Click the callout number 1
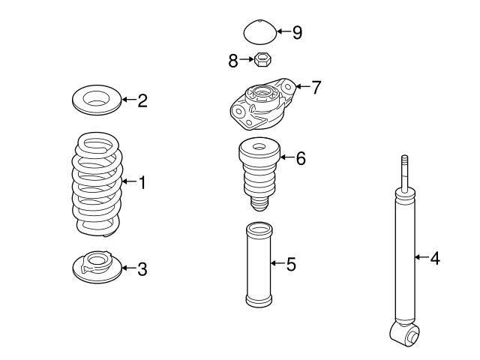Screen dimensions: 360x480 [x=141, y=181]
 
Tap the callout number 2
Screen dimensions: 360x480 [x=142, y=100]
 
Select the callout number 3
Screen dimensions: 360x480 [x=142, y=268]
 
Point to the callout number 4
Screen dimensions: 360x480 [x=434, y=258]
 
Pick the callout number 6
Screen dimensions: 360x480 [x=300, y=158]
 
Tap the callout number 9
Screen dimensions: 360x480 [x=297, y=32]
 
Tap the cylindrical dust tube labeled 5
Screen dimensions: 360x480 [x=258, y=266]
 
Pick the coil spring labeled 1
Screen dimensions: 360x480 [x=96, y=182]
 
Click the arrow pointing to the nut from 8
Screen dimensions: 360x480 [x=245, y=58]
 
